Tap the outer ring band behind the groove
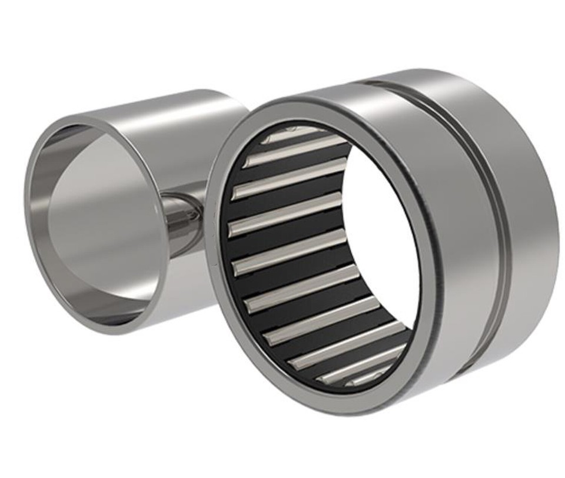click(524, 224)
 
